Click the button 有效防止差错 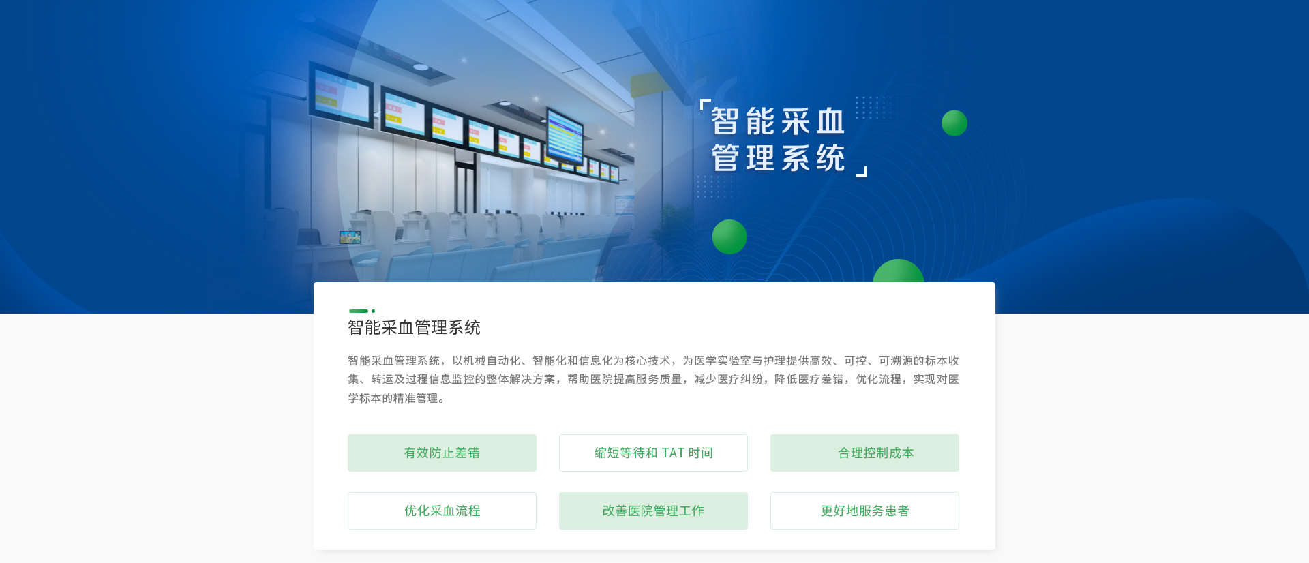pyautogui.click(x=442, y=453)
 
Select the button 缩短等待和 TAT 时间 pyautogui.click(x=653, y=453)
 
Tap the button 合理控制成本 pyautogui.click(x=864, y=453)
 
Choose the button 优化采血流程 pyautogui.click(x=442, y=511)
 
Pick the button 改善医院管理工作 pyautogui.click(x=653, y=511)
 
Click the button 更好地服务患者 pyautogui.click(x=864, y=511)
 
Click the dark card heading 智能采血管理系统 pyautogui.click(x=414, y=328)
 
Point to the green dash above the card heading pyautogui.click(x=359, y=311)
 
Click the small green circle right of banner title pyautogui.click(x=954, y=123)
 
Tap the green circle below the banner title pyautogui.click(x=729, y=237)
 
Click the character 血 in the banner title pyautogui.click(x=830, y=122)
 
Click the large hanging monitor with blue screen pyautogui.click(x=565, y=136)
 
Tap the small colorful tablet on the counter pyautogui.click(x=350, y=237)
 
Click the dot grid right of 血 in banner pyautogui.click(x=873, y=108)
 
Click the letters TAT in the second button pyautogui.click(x=673, y=453)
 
